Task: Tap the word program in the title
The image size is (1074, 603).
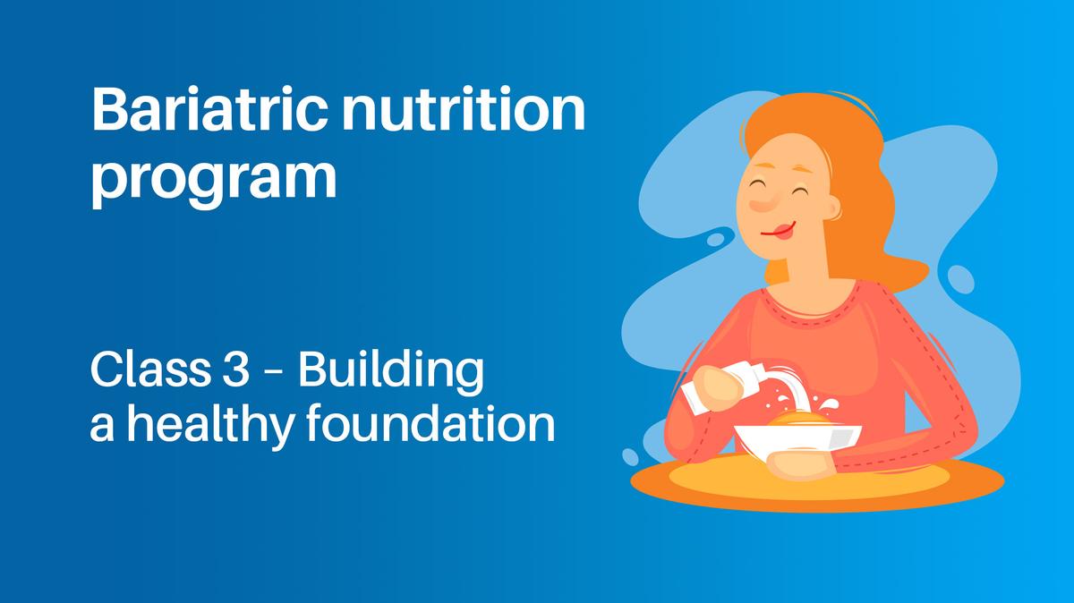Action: (x=214, y=178)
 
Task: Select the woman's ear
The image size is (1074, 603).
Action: (x=831, y=208)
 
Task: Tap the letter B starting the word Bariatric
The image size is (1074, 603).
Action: (x=107, y=112)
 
